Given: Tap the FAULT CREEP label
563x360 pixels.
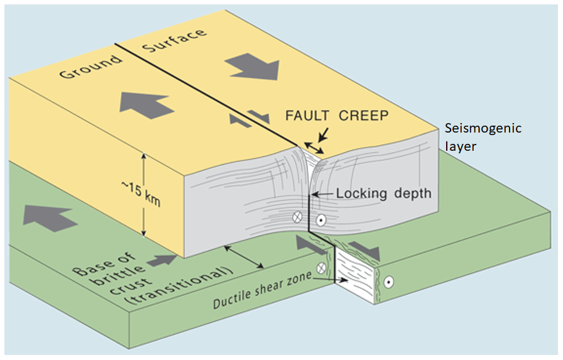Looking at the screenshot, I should [337, 116].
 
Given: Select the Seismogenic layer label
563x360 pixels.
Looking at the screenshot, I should [483, 136].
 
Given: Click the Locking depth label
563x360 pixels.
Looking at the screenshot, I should [384, 193].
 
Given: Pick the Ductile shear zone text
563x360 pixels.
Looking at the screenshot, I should [261, 293].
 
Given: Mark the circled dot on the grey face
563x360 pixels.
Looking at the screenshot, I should [320, 221].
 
